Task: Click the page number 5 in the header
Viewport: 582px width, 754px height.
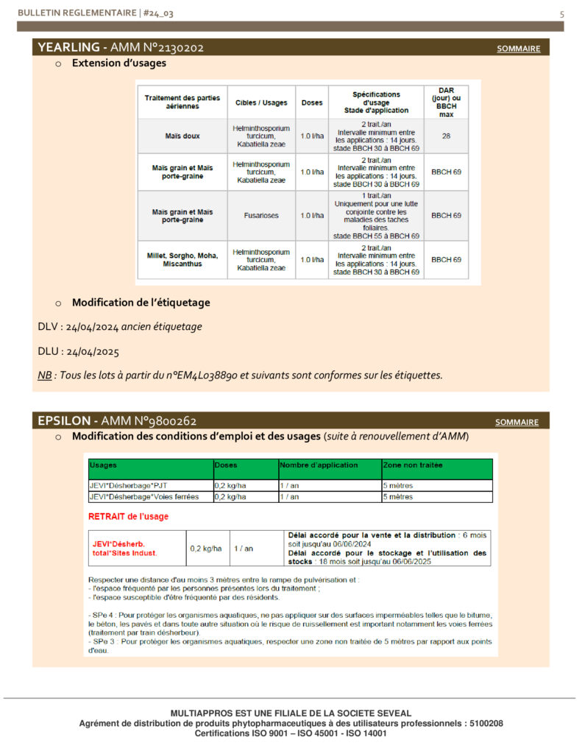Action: [562, 13]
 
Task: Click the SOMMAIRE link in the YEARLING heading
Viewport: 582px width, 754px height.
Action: [518, 49]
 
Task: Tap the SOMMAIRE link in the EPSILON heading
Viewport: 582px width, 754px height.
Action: [517, 423]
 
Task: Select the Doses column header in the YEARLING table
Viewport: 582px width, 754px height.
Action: [312, 102]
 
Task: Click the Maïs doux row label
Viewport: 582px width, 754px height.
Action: [182, 136]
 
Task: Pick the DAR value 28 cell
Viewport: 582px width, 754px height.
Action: [446, 136]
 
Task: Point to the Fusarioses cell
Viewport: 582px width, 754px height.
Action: [261, 216]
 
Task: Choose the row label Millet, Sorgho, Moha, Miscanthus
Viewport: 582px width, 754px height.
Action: [182, 260]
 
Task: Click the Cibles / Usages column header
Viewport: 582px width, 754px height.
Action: [261, 102]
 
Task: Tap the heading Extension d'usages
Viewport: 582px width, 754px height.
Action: [118, 63]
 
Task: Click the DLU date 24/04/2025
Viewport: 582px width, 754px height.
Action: [92, 351]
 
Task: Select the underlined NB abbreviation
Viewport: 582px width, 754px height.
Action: [45, 375]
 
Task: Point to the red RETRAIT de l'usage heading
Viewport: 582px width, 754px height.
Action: [128, 516]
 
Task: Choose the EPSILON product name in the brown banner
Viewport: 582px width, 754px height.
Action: [64, 421]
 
